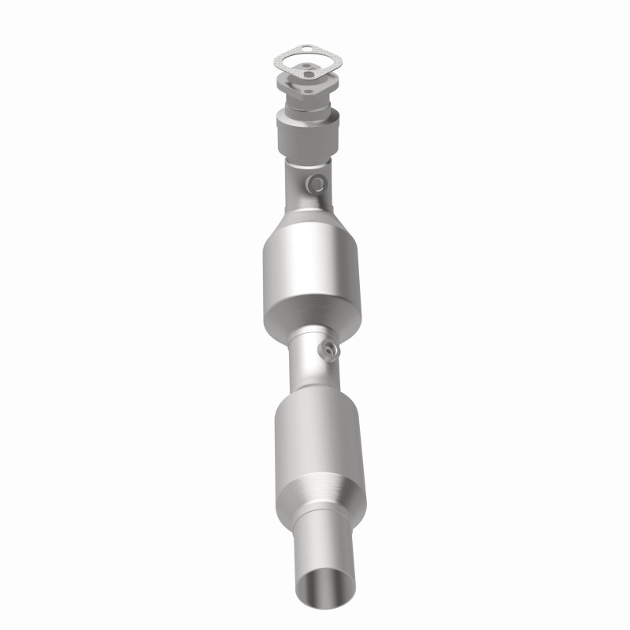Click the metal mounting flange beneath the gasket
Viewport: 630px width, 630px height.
coord(293,87)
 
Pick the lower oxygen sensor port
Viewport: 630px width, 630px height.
coord(327,347)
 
